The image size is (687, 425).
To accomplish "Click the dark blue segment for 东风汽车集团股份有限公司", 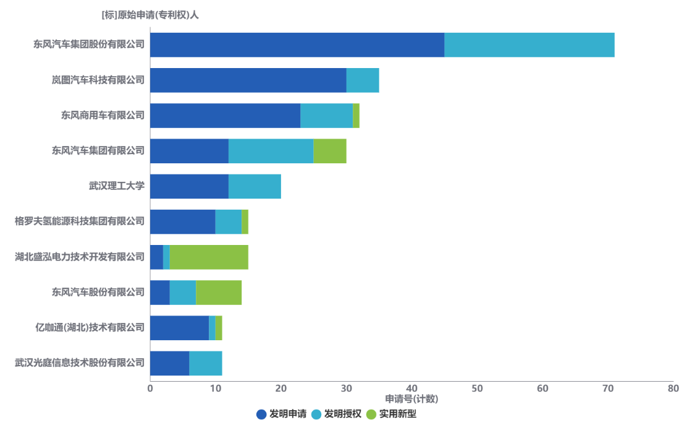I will (297, 45).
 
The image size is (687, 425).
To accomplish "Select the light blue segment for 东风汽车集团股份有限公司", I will (529, 45).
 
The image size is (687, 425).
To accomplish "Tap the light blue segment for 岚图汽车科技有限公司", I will (363, 80).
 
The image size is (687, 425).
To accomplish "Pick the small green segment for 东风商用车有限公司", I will (356, 116).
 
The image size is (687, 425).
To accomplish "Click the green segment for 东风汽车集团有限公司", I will (330, 151).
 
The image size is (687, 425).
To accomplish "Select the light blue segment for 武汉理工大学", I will (255, 186).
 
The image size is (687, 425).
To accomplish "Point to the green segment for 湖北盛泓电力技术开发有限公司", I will (209, 257).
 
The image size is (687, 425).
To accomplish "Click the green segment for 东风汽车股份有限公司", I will (219, 292).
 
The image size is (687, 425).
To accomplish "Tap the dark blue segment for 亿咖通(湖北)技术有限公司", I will (179, 328).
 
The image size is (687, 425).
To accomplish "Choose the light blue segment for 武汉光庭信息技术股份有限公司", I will (206, 363).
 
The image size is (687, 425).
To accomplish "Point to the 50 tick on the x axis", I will (477, 389).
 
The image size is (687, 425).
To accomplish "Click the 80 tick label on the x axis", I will (673, 389).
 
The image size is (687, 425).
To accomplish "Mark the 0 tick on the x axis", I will (150, 389).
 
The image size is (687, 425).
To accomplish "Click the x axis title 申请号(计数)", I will (411, 399).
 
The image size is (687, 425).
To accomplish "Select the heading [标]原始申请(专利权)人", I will (150, 15).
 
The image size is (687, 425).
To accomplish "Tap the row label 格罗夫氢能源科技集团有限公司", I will (80, 221).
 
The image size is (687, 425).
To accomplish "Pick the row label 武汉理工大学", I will (117, 186).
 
